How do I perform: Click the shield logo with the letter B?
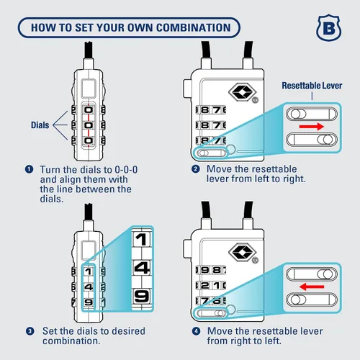tap(328, 28)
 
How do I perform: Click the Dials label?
tap(40, 125)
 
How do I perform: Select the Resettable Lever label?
tap(312, 86)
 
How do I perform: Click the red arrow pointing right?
tap(312, 126)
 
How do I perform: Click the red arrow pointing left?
tap(312, 287)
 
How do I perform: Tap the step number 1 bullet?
tap(29, 169)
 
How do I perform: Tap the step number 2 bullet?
tap(196, 169)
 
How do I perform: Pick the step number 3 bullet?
tap(30, 331)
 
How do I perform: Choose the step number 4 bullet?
tap(196, 331)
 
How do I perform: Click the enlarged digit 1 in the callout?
tap(141, 239)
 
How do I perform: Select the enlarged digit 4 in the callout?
tap(142, 268)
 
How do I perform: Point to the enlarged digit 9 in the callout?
tap(142, 296)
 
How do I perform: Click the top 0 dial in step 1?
tap(89, 110)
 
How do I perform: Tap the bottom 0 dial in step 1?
tap(89, 140)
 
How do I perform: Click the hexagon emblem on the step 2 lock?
tap(243, 91)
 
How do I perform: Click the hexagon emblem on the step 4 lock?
tap(243, 253)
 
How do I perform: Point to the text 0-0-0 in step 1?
tap(126, 170)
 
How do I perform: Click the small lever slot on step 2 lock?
tap(211, 153)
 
